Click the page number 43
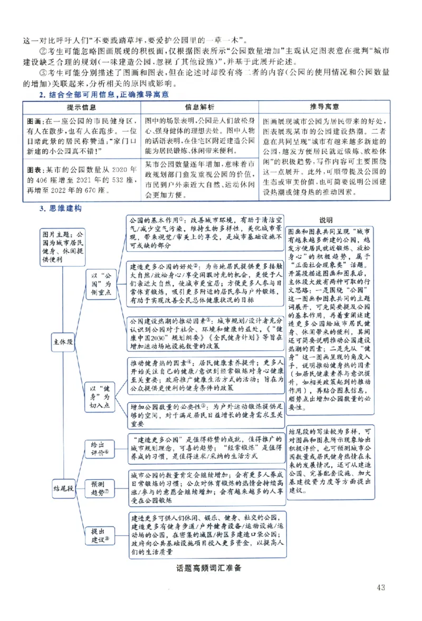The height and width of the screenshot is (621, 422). click(383, 587)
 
